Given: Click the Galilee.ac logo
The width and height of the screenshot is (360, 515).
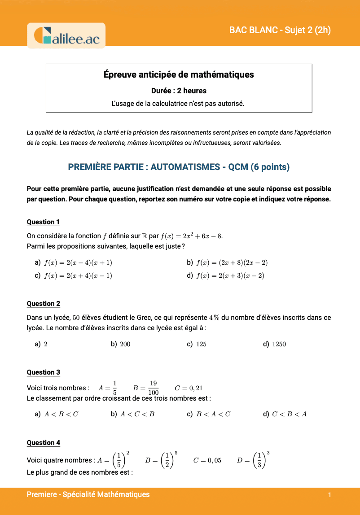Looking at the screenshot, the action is pyautogui.click(x=66, y=35).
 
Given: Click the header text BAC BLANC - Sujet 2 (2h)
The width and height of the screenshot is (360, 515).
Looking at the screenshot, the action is pyautogui.click(x=280, y=30).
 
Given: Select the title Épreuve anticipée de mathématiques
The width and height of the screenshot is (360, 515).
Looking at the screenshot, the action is pyautogui.click(x=179, y=74).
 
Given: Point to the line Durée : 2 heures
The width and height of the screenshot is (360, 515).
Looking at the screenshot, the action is pyautogui.click(x=179, y=91).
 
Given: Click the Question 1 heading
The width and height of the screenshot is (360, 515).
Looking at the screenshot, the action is pyautogui.click(x=43, y=222).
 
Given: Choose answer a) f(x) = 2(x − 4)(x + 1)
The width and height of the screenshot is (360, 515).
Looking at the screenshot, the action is pyautogui.click(x=74, y=262).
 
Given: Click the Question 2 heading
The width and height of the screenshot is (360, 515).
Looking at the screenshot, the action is pyautogui.click(x=43, y=304).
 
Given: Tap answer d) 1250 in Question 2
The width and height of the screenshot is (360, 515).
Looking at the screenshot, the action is pyautogui.click(x=274, y=344).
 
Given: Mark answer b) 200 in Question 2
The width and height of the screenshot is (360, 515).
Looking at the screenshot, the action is pyautogui.click(x=121, y=344).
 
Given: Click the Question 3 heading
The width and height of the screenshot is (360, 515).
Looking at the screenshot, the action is pyautogui.click(x=43, y=372).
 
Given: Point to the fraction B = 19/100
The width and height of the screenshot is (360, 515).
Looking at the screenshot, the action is pyautogui.click(x=146, y=388).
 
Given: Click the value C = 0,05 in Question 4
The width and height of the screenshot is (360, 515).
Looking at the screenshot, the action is pyautogui.click(x=207, y=460).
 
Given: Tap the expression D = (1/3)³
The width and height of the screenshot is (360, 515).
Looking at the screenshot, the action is pyautogui.click(x=253, y=460).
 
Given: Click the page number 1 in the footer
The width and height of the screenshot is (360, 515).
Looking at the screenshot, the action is pyautogui.click(x=329, y=495).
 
